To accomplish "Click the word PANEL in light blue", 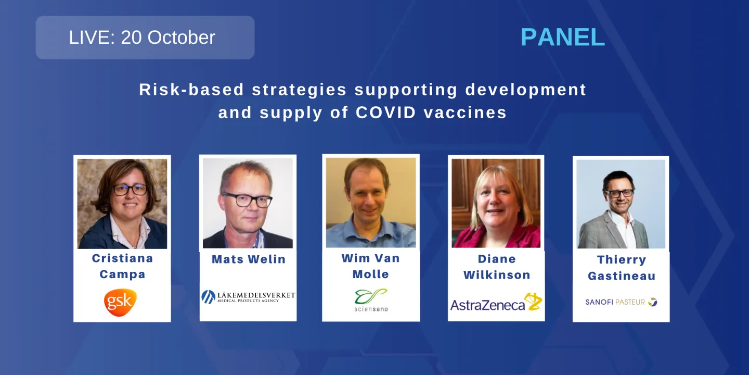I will tap(562, 37).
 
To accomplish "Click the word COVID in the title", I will tap(385, 113).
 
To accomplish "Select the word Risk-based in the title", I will tap(191, 90).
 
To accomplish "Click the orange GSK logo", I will tap(121, 303).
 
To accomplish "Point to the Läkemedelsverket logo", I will tap(248, 297).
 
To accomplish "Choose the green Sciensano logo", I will tap(371, 300).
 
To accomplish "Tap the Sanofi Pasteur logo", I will tap(621, 302).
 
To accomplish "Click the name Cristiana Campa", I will tap(122, 266).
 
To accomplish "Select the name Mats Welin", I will tap(249, 259).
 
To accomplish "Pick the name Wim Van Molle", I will tap(370, 266).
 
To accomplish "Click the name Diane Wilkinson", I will tap(497, 267).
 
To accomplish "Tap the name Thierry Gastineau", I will tap(621, 268).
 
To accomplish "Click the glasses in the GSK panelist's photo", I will tap(130, 190).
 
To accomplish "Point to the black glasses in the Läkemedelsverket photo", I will tap(247, 199).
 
